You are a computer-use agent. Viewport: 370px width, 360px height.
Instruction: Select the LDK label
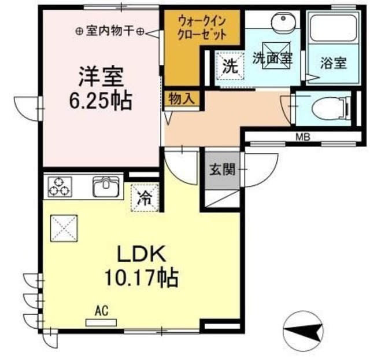142,254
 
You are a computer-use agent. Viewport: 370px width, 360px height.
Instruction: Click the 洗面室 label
272,58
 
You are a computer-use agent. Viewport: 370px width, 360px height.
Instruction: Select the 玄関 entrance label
222,170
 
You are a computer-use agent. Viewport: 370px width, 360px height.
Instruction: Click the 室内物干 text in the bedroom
110,32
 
